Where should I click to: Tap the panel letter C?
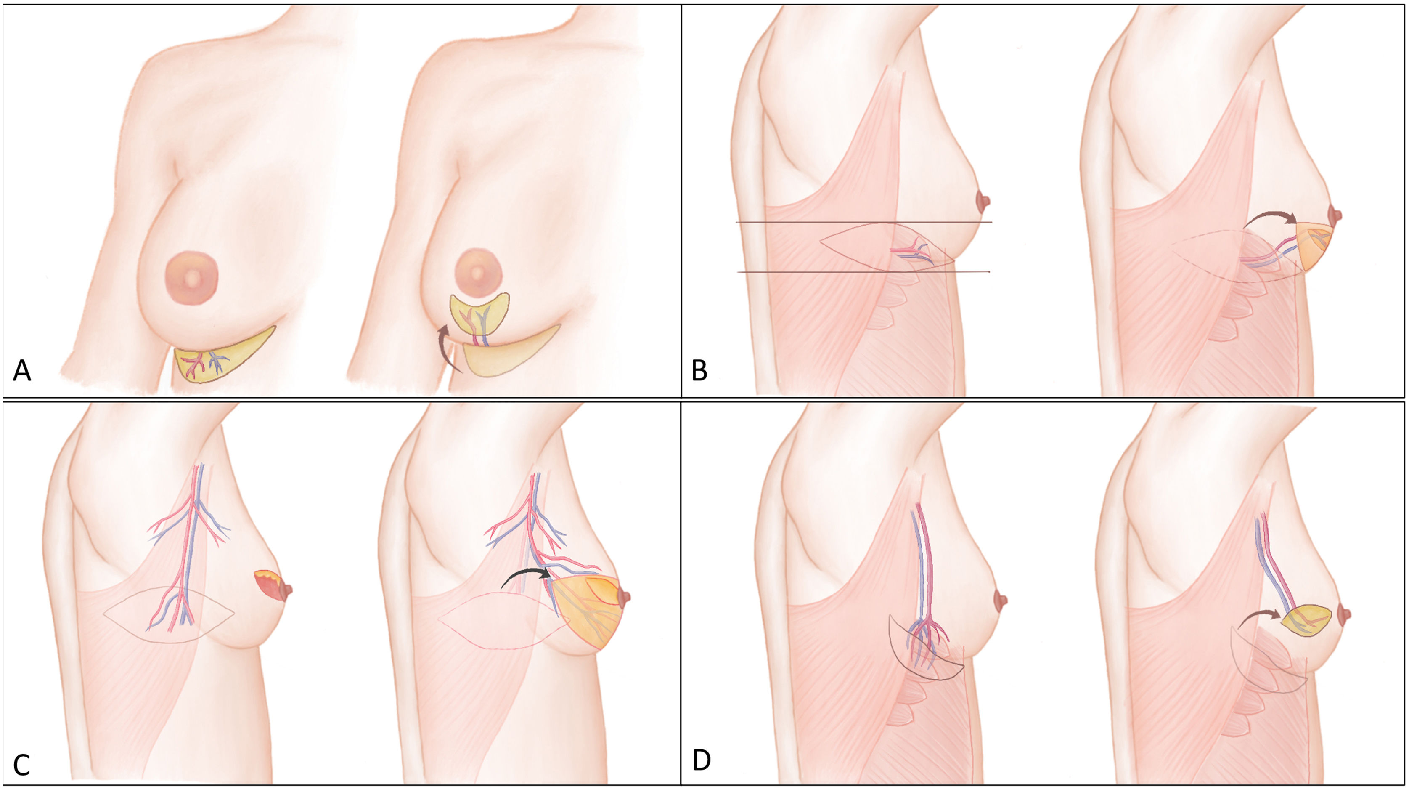[x=22, y=765]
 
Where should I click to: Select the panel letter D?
[x=701, y=761]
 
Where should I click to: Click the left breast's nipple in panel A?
[x=191, y=279]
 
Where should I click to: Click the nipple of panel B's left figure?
[x=984, y=202]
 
